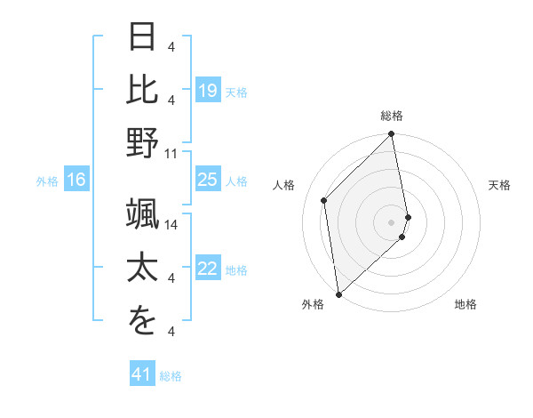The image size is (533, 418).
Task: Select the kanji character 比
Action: click(143, 89)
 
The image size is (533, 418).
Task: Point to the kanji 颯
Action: click(143, 214)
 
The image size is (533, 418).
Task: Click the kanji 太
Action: click(143, 268)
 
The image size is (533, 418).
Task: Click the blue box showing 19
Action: click(207, 91)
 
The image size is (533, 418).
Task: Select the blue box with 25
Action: click(207, 181)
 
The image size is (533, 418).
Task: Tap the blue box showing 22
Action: click(207, 269)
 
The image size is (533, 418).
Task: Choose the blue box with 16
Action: click(76, 181)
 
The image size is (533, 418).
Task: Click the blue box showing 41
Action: click(143, 375)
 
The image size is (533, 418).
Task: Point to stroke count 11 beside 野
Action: click(171, 153)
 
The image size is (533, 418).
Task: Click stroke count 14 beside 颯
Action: click(171, 224)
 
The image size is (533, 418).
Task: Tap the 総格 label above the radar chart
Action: click(392, 117)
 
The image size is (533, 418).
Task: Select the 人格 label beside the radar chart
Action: click(285, 185)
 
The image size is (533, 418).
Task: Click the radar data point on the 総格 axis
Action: click(392, 135)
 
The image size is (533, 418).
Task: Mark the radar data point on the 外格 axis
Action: click(338, 293)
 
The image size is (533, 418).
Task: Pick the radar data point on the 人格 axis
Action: click(324, 200)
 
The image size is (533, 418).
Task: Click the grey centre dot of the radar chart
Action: click(392, 221)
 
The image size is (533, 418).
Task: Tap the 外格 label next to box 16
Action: click(47, 181)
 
